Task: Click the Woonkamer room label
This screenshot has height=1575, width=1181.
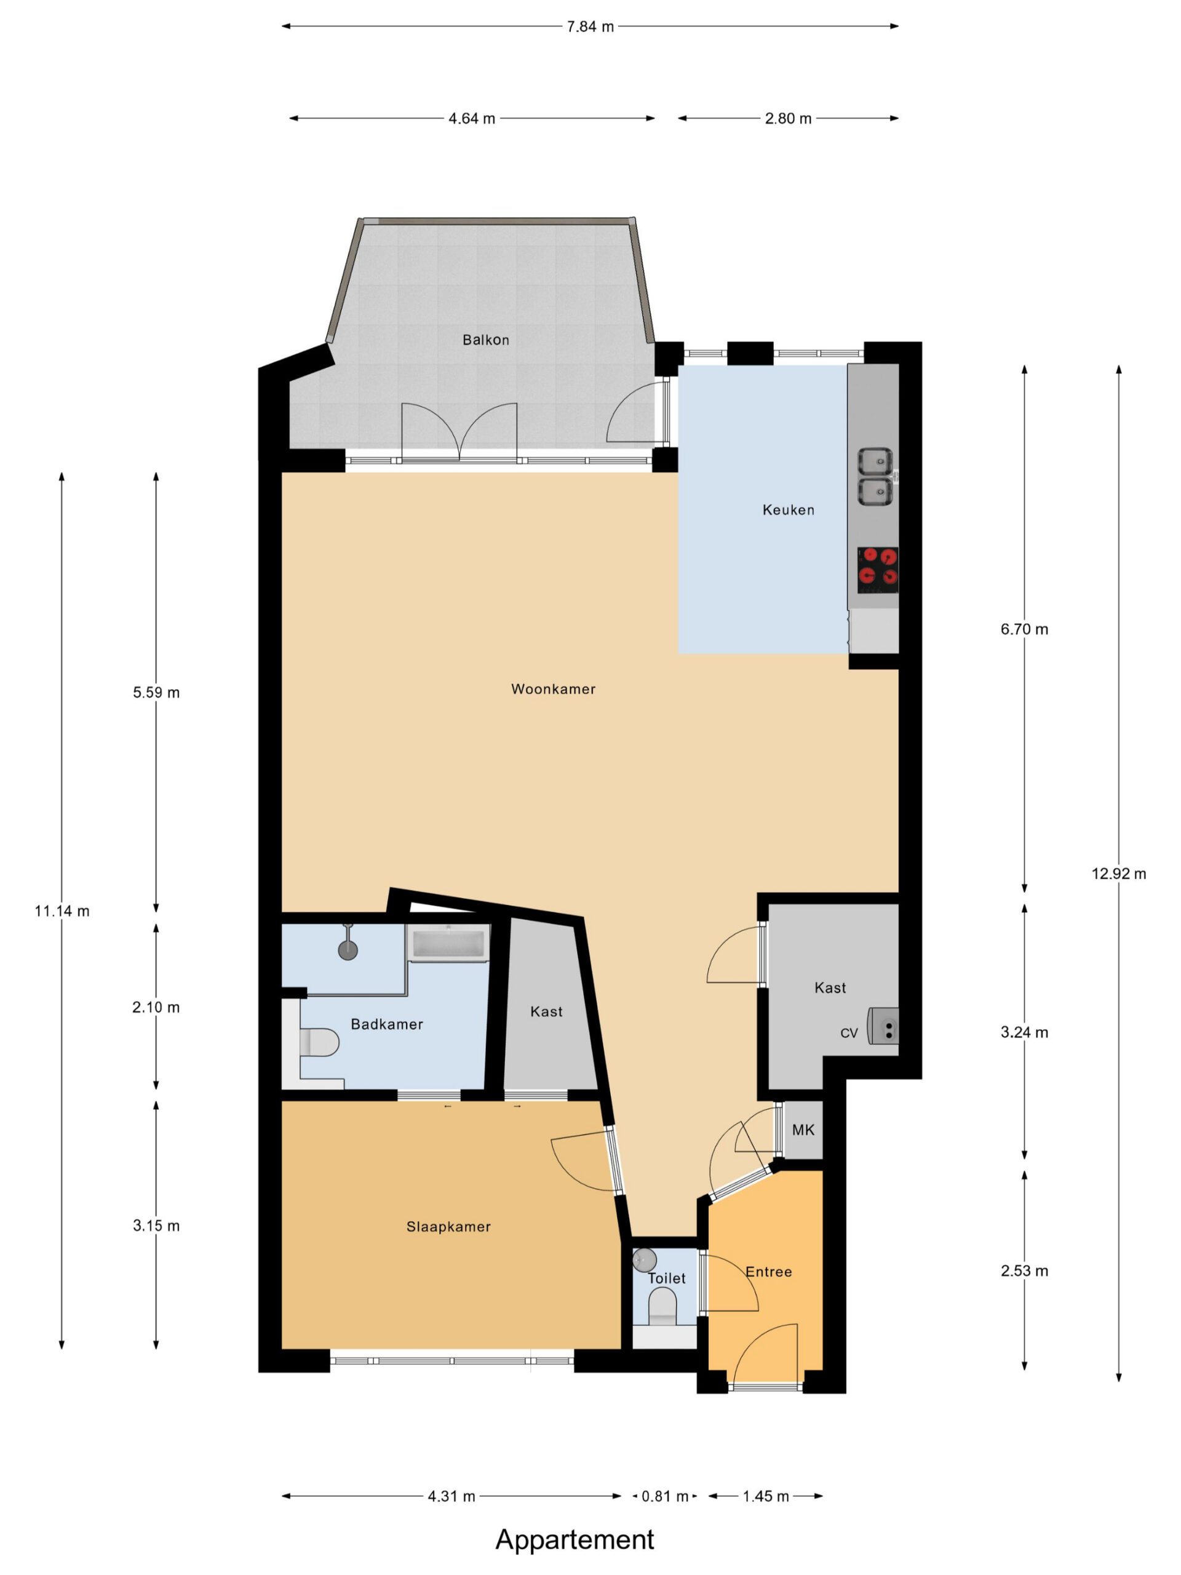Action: [x=553, y=688]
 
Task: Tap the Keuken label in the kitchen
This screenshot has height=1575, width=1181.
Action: [x=788, y=510]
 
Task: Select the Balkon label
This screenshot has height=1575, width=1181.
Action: [x=485, y=340]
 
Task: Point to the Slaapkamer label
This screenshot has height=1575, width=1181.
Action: [x=448, y=1227]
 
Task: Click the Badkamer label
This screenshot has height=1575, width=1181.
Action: [x=386, y=1024]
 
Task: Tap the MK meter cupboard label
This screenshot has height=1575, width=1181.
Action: [x=803, y=1130]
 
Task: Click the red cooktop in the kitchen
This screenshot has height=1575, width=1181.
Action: [x=878, y=570]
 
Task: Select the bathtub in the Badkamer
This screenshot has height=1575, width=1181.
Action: [x=448, y=943]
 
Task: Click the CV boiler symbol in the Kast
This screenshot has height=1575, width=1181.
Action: [x=883, y=1027]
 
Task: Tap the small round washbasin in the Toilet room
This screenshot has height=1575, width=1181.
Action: [x=643, y=1259]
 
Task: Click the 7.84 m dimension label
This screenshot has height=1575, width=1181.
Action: [x=590, y=26]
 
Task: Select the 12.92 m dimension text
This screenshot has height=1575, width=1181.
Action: [x=1119, y=874]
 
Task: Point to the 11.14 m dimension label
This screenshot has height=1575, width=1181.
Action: [x=62, y=911]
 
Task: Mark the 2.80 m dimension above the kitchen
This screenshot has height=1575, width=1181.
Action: [x=788, y=118]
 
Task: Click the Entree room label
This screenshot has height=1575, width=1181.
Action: [x=768, y=1272]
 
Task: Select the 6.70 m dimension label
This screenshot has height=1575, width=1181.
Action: [x=1024, y=629]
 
